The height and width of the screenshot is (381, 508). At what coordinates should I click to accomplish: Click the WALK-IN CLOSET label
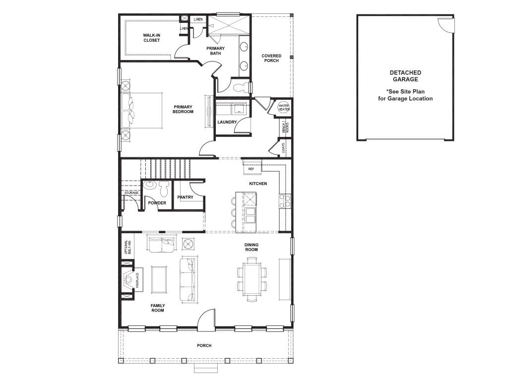pos(152,38)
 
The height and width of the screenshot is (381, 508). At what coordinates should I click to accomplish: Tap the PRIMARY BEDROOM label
pos(183,109)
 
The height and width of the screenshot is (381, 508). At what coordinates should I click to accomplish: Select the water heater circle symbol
pos(284,108)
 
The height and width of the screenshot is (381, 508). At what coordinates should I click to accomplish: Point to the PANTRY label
pos(186,197)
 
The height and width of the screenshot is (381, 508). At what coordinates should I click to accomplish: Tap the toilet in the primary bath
pos(242,87)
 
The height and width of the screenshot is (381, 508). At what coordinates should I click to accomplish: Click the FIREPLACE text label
pos(137,280)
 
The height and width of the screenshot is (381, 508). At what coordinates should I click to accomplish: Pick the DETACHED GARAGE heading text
pos(405,76)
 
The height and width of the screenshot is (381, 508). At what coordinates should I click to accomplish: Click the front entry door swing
pos(206,320)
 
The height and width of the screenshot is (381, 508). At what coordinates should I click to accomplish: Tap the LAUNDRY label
pos(227,122)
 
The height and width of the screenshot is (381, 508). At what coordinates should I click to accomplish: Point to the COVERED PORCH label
pos(271,58)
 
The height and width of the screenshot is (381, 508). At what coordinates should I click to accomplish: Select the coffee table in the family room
pos(159,279)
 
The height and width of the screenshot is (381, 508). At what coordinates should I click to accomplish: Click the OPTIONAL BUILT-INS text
pos(128,247)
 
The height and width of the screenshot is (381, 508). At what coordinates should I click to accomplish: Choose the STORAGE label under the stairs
pos(131,193)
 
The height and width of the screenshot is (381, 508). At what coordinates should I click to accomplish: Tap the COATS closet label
pos(283,148)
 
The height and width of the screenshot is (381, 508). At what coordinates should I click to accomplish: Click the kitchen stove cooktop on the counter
pos(285,201)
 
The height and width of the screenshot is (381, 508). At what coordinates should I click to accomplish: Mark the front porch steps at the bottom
pos(206,368)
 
